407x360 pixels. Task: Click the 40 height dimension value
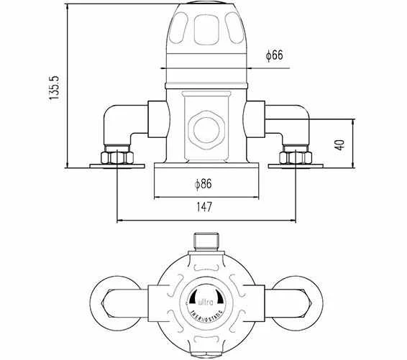[x=339, y=144]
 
